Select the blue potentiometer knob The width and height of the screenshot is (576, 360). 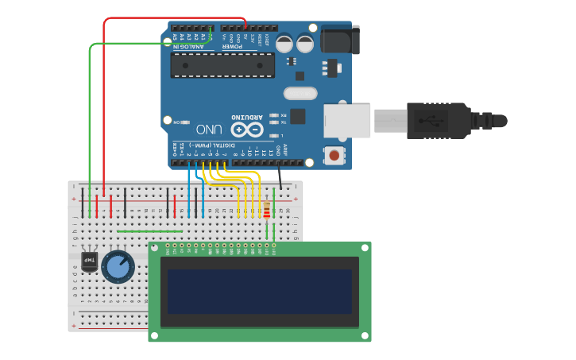click(118, 266)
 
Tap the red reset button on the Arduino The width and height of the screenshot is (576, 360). click(336, 155)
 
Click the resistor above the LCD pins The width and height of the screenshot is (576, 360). click(266, 211)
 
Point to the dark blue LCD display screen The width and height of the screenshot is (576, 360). click(259, 291)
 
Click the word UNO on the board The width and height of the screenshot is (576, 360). click(209, 129)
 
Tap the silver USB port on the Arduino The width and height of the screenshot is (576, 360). click(347, 120)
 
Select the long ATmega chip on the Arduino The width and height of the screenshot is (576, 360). click(222, 65)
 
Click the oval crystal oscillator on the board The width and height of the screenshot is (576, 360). click(300, 93)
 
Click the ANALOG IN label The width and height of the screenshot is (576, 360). click(188, 47)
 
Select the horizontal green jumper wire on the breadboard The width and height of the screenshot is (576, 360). click(149, 231)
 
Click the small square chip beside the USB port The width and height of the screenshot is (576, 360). click(297, 116)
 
